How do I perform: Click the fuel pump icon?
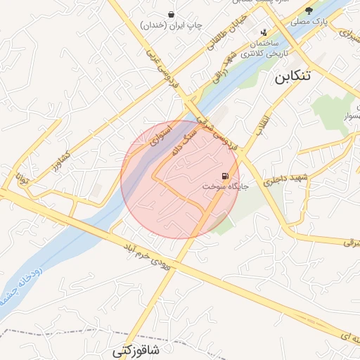point(224,176)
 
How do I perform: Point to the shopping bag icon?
point(172,14)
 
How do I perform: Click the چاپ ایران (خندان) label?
point(173,25)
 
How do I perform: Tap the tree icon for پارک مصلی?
point(309,11)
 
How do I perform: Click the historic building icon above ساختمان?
point(264,32)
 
